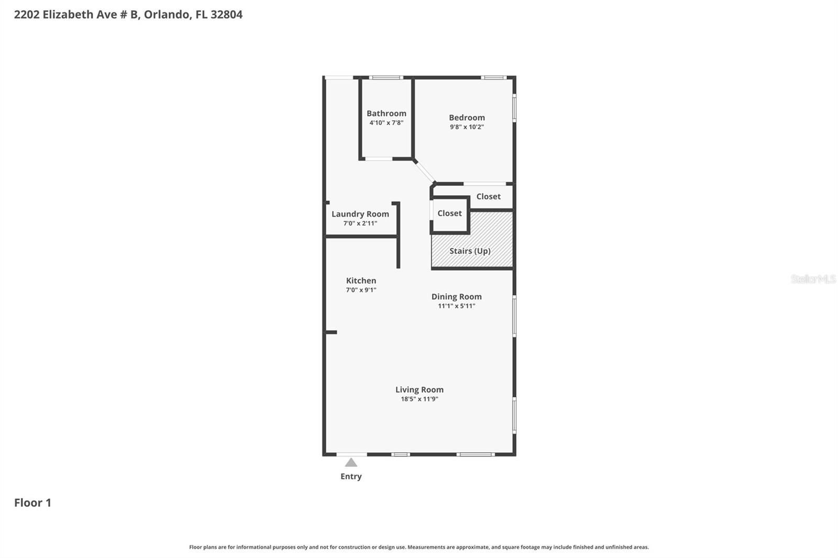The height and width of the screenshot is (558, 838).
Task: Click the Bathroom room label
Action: coord(386,114)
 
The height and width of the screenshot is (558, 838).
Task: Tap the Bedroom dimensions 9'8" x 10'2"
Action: coord(467,127)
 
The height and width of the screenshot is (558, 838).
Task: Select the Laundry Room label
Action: coord(360,214)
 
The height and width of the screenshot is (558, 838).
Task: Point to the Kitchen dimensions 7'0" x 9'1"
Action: coord(361,290)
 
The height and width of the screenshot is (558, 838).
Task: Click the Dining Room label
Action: coord(456,297)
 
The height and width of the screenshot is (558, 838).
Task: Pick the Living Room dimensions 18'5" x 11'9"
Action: coord(419,399)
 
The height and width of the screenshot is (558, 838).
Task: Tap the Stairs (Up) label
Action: coord(470,251)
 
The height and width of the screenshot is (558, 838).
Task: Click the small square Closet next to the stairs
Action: coord(449,214)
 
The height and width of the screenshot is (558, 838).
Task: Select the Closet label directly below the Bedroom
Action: coord(488,197)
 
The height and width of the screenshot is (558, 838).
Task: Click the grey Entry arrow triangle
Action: coord(351,463)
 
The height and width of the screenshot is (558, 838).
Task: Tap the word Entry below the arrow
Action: coord(351,476)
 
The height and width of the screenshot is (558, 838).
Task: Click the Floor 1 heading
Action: coord(32,503)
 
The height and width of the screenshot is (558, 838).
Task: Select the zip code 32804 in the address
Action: coord(226,15)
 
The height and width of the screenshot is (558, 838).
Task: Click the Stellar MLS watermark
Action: coord(813,279)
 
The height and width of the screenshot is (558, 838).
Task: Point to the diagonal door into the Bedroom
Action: coord(424,171)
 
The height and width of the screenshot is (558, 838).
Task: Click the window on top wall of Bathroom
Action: coord(386,78)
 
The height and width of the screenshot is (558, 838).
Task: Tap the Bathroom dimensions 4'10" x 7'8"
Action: coord(386,123)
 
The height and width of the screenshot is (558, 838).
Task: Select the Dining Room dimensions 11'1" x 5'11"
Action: coord(456,306)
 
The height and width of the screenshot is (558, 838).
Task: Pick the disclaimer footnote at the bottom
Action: coord(418,547)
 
